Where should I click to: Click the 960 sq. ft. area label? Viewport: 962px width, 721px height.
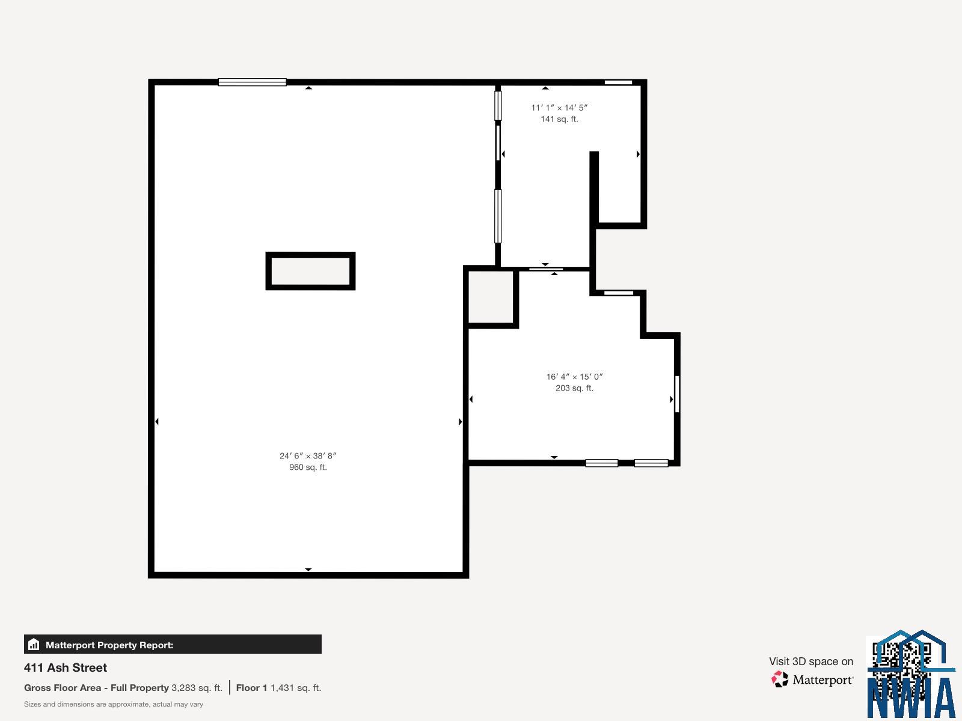[x=308, y=467]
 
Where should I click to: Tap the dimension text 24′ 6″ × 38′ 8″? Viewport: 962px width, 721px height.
[x=308, y=456]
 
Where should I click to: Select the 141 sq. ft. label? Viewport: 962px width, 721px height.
[x=559, y=119]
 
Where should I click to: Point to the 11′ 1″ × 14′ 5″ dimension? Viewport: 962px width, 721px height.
[x=559, y=108]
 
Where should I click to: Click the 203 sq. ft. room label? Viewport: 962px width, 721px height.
[x=574, y=388]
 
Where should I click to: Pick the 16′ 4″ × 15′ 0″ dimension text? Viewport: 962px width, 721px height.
[x=574, y=377]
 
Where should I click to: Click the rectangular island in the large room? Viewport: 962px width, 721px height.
[x=310, y=271]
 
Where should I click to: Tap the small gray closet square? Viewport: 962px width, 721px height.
[x=491, y=297]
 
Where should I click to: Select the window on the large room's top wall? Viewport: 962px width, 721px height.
[x=252, y=82]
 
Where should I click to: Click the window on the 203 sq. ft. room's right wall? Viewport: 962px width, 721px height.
[x=677, y=394]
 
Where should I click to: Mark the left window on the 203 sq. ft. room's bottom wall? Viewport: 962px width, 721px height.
[x=601, y=463]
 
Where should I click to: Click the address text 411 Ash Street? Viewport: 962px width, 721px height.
[x=66, y=668]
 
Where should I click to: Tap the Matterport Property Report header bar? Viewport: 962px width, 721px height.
[x=173, y=645]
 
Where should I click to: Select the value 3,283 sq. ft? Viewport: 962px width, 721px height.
[x=197, y=688]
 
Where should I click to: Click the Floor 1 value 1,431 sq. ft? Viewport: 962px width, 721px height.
[x=295, y=688]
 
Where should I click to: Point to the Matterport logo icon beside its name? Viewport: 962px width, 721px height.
[x=780, y=680]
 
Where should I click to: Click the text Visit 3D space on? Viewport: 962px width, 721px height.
[x=810, y=662]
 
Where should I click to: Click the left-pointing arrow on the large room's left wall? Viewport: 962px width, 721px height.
[x=157, y=422]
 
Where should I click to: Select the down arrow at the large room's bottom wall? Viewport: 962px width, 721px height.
[x=308, y=569]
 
